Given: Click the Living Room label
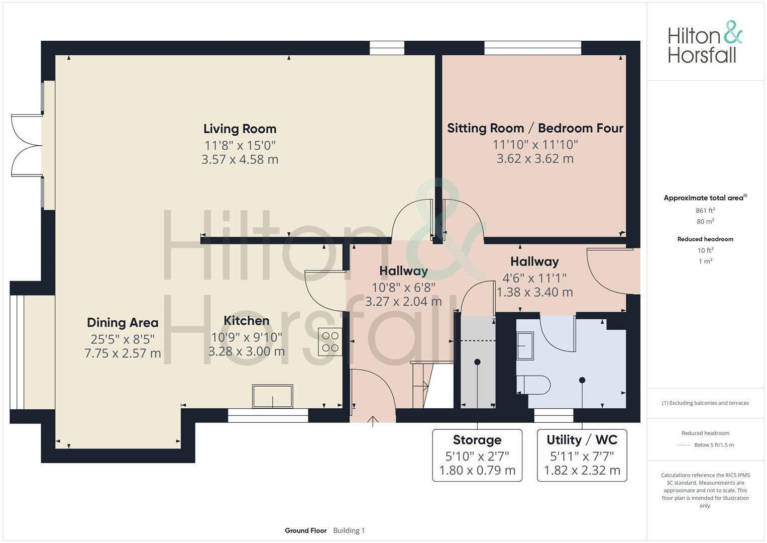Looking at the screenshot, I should tap(240, 129).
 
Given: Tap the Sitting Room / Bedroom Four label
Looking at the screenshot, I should tap(535, 128).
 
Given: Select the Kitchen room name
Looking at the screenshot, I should tap(246, 321).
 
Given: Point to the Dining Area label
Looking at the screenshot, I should tap(123, 323).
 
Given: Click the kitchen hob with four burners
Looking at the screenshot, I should tap(331, 342).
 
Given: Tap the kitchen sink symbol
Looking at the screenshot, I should tap(273, 397).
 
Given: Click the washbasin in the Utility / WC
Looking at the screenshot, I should tap(525, 345).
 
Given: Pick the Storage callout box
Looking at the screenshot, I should tap(477, 455).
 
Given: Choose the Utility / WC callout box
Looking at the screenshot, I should tap(582, 455).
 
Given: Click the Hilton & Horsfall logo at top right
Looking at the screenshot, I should tap(705, 42).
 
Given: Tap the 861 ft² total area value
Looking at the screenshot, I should tap(705, 211).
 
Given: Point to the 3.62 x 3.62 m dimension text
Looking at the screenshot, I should tap(535, 159).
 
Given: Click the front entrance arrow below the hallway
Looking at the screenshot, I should tap(373, 421).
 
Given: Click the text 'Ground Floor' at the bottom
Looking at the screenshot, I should tap(305, 530).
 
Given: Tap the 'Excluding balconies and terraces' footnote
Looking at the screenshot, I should tap(705, 403).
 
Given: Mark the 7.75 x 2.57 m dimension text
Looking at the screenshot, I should tap(123, 353).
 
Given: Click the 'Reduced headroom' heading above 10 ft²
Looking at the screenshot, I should tap(705, 239).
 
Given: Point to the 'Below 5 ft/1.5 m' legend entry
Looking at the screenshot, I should tap(714, 445).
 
